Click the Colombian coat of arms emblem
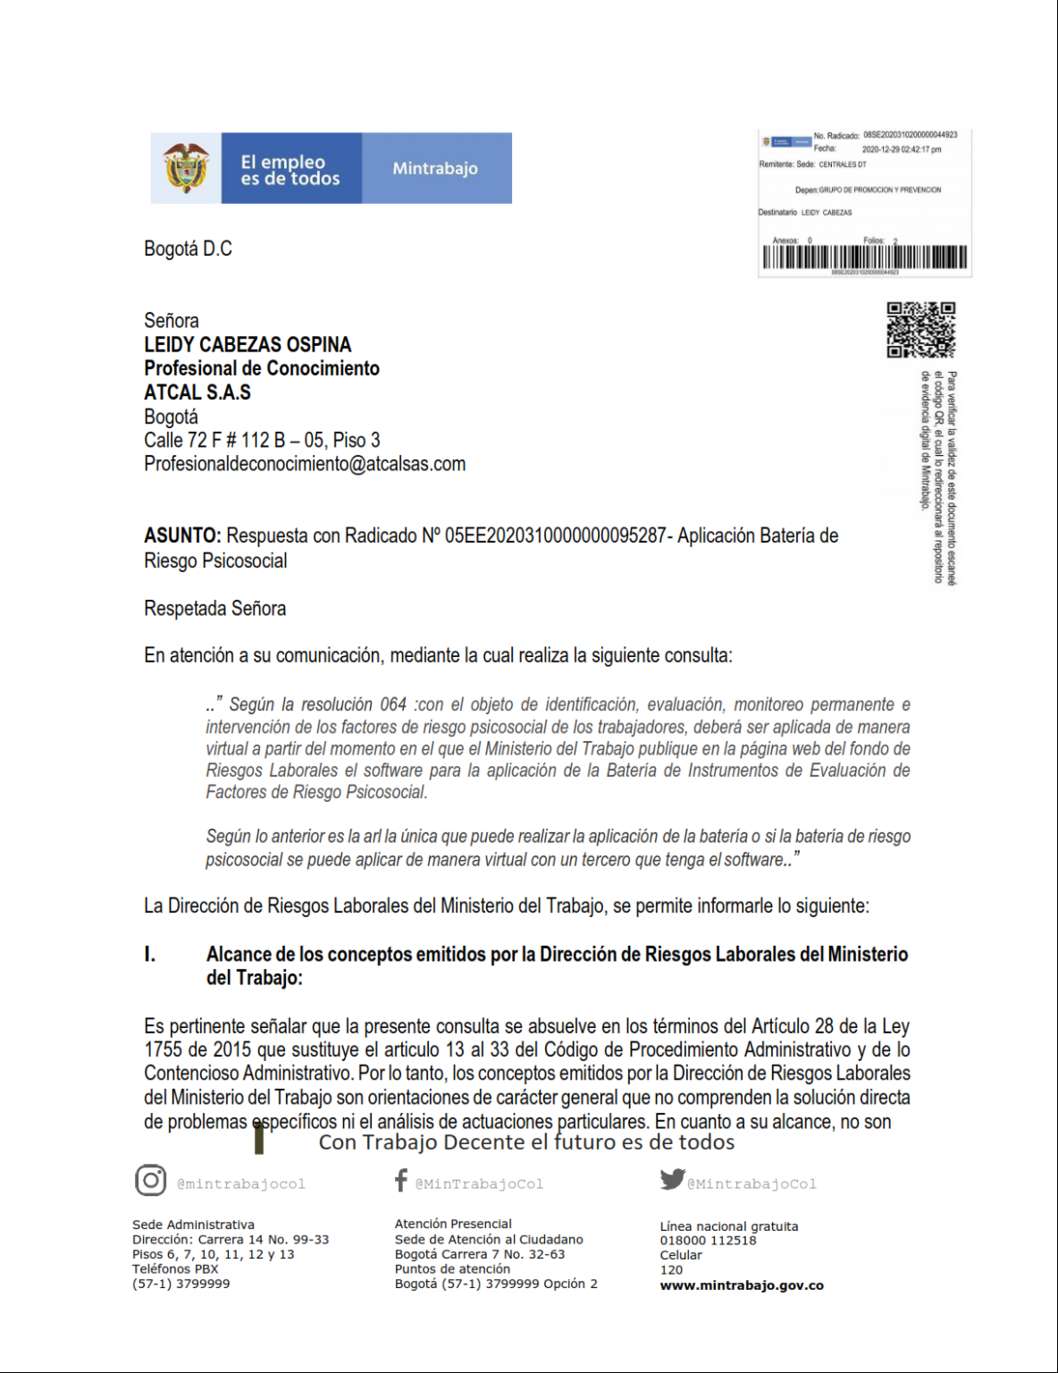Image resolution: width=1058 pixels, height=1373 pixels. pos(186,168)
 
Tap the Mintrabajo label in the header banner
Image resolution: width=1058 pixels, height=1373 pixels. pos(435,168)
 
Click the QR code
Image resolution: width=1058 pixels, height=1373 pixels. pos(920,330)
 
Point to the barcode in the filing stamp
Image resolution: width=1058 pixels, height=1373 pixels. pos(864,257)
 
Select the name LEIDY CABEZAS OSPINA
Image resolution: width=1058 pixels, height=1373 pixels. pos(248,344)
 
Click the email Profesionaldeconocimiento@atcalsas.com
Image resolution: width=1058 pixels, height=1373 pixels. pos(305,464)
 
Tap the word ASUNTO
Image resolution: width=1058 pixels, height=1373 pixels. pos(182,535)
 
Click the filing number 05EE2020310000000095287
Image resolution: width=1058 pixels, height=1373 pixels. pos(555,535)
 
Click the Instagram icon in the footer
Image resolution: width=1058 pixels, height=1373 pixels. pos(151,1181)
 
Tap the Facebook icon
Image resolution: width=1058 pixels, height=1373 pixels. pos(401,1181)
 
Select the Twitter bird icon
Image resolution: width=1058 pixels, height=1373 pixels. pos(672,1180)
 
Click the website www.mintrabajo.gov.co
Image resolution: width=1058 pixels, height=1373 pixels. pos(742,1285)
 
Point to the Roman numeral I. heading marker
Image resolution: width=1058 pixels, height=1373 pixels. pos(150,955)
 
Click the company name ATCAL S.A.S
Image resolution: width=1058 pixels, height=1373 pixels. pos(197,392)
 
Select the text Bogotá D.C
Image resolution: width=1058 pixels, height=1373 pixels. pos(188,248)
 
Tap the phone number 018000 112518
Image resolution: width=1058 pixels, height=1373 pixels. pos(708,1241)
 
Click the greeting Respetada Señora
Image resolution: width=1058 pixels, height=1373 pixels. pos(215,609)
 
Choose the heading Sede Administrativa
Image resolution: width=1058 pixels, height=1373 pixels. pos(193,1225)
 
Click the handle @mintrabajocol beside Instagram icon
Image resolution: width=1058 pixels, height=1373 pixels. pos(241,1183)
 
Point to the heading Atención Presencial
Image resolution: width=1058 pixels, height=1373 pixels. pos(453,1224)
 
